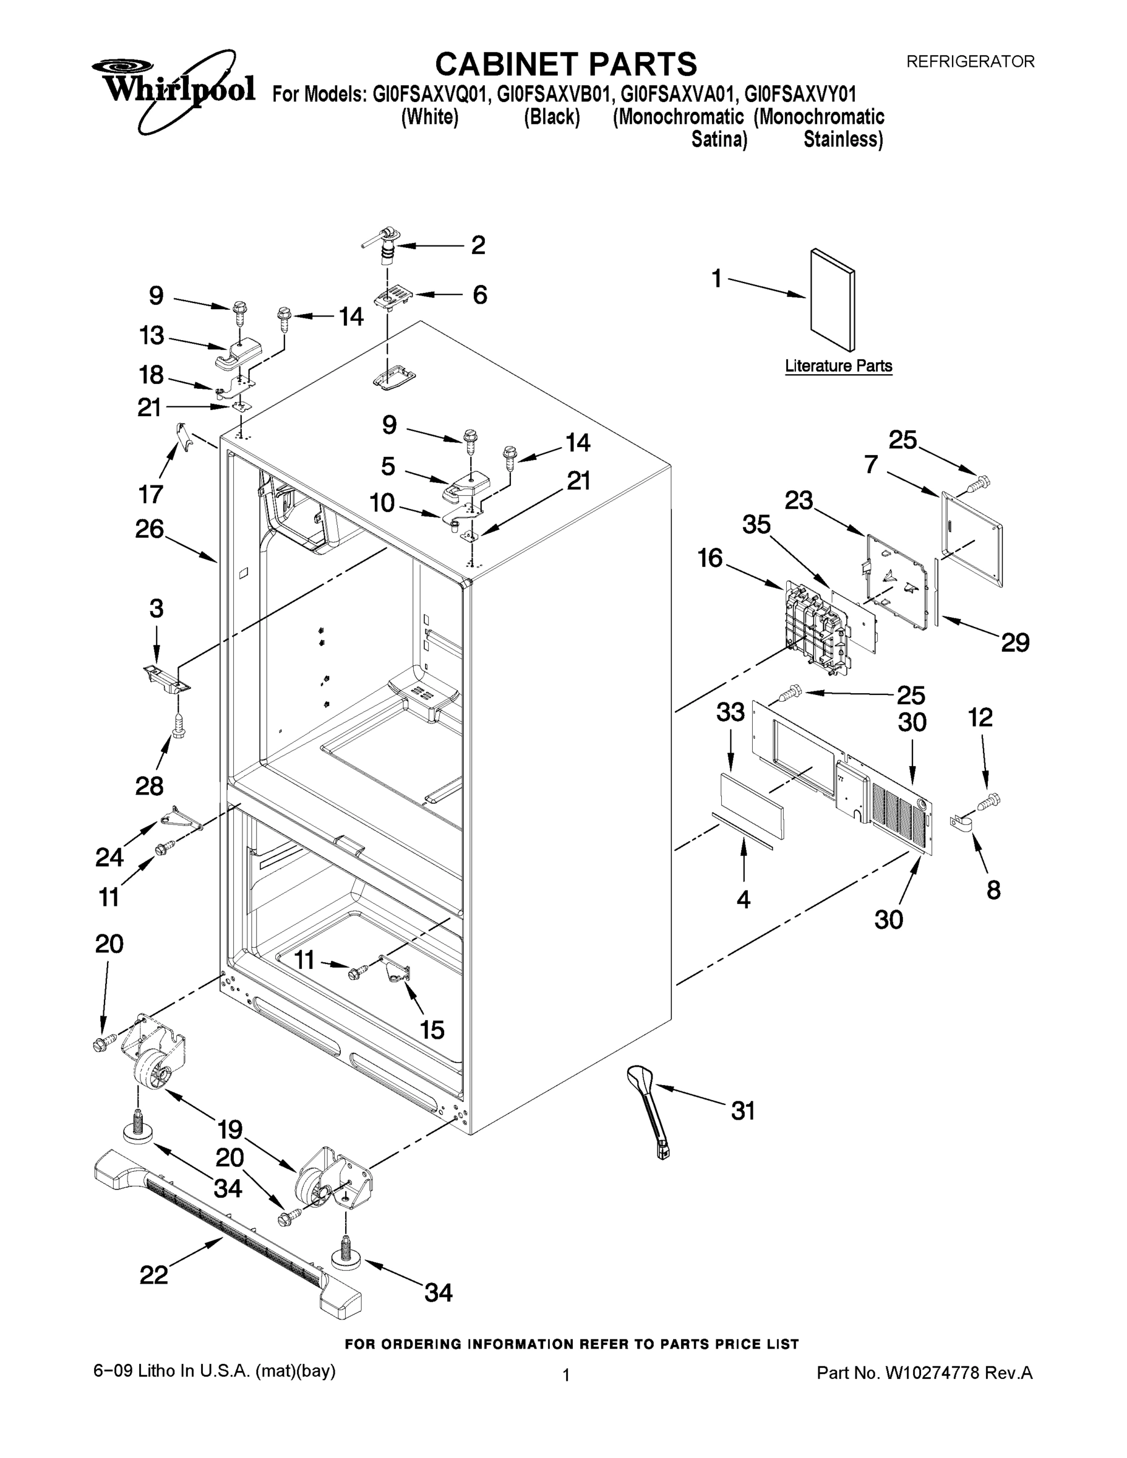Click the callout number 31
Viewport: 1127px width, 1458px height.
point(742,1111)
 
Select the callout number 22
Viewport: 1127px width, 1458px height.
point(154,1275)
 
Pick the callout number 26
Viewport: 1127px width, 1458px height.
point(149,529)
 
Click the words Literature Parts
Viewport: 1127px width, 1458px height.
point(838,366)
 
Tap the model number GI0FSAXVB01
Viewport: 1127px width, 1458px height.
point(552,94)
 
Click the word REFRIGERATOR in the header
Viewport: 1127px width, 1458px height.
point(970,61)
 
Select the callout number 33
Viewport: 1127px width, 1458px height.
point(730,711)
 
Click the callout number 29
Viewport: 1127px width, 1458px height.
point(1015,642)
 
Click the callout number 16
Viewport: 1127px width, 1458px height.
point(710,558)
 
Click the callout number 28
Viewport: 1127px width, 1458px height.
point(149,785)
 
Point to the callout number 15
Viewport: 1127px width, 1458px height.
point(432,1030)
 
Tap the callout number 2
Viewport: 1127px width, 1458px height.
point(478,245)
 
